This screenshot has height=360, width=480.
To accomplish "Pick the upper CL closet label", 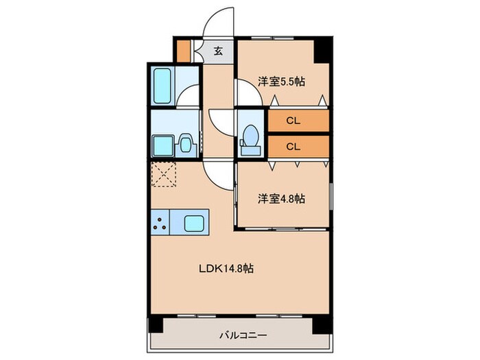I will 293,121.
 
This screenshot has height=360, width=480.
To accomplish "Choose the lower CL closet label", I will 293,146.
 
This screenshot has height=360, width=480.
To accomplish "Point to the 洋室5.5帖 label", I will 281,81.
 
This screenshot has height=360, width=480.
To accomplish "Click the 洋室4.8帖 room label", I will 281,199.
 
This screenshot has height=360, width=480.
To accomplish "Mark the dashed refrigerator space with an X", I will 164,174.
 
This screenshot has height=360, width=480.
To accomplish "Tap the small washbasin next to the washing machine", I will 184,145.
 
